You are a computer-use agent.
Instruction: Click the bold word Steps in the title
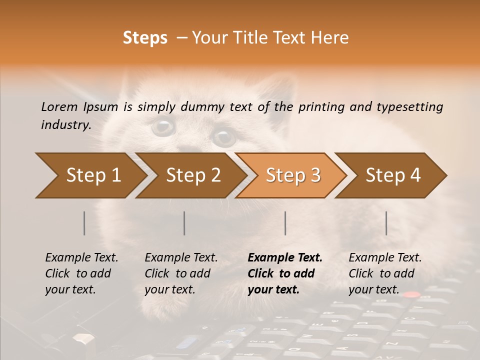[x=145, y=38]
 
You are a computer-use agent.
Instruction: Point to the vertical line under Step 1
[x=84, y=223]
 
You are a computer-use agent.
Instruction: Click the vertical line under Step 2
[x=184, y=223]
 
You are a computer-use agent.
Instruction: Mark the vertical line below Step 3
[x=285, y=223]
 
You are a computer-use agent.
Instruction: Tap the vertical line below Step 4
[x=386, y=223]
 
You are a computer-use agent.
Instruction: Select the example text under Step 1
[x=81, y=273]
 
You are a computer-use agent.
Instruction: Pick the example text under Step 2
[x=181, y=273]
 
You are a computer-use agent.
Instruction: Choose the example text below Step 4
[x=385, y=273]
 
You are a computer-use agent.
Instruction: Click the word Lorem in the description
[x=59, y=106]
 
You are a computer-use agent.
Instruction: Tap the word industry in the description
[x=65, y=125]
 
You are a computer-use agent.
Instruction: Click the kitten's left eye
[x=163, y=126]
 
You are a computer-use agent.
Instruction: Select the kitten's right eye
[x=223, y=136]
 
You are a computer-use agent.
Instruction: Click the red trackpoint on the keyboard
[x=411, y=295]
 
